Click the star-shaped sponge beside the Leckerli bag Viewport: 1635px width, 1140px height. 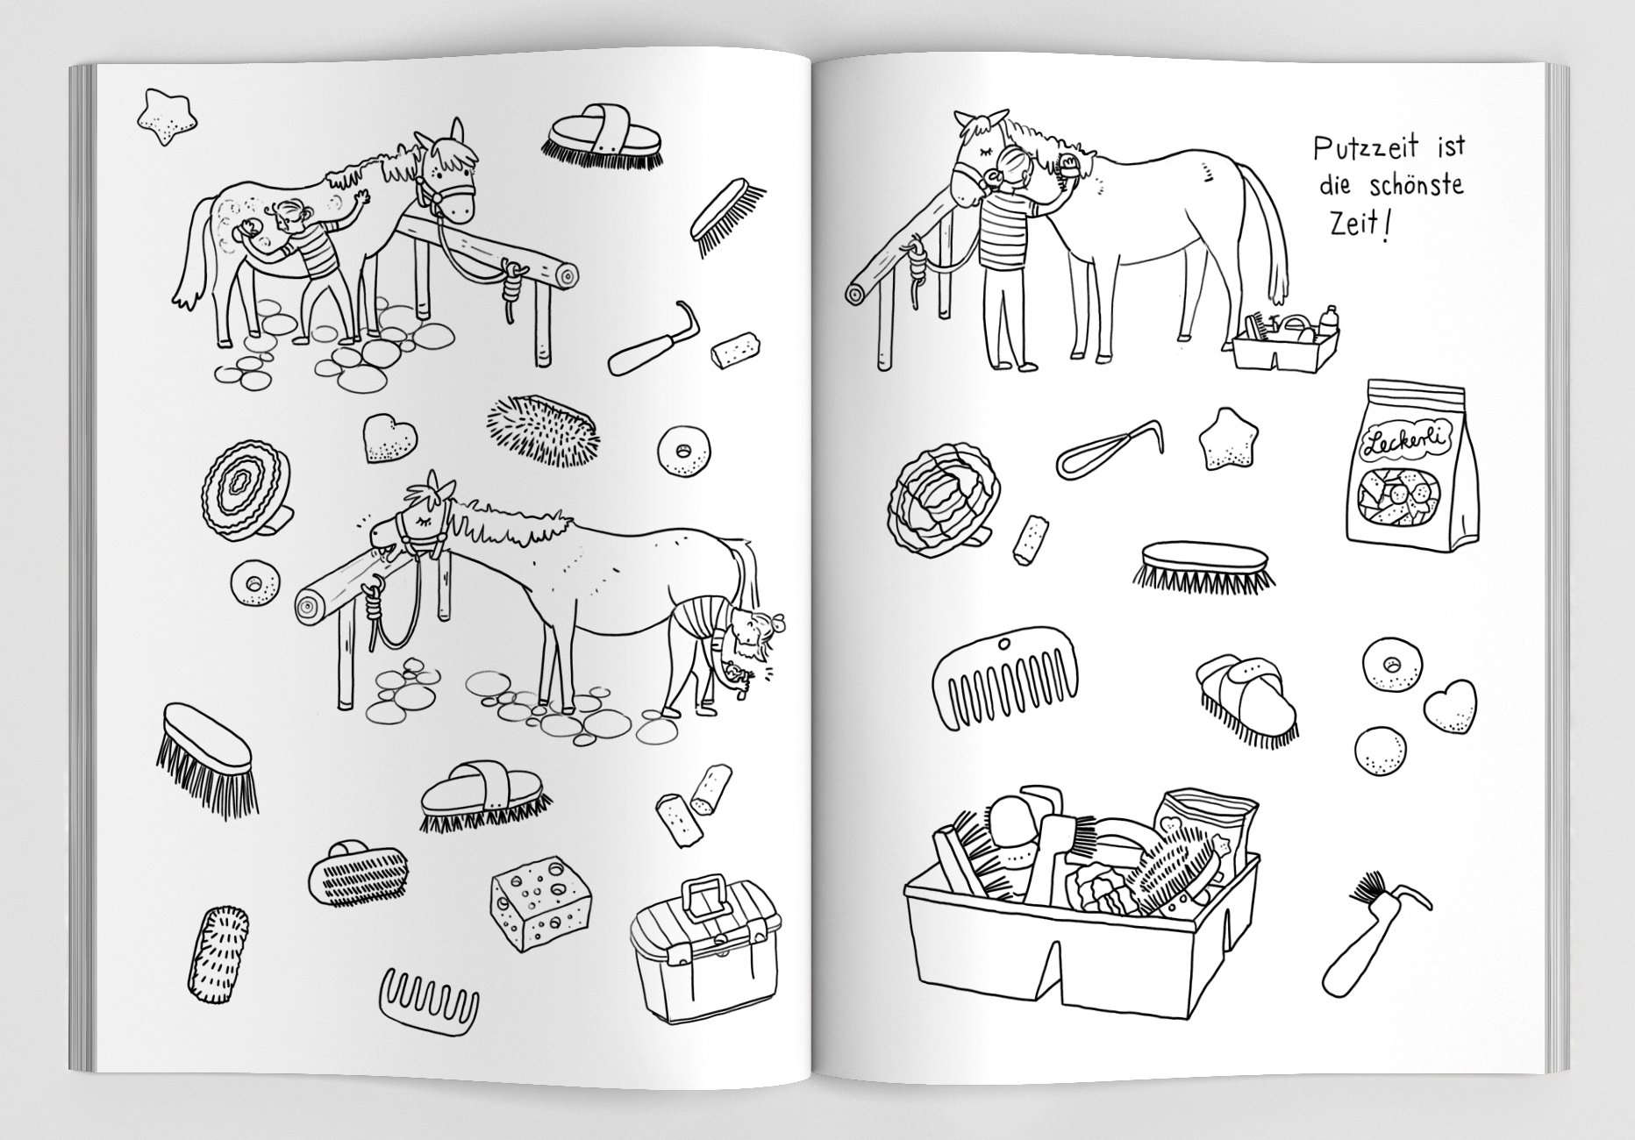[1227, 438]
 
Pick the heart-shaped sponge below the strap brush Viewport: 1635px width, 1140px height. [389, 437]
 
